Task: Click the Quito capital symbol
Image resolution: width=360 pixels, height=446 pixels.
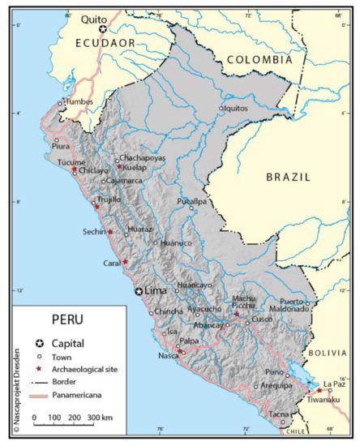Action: coord(103,29)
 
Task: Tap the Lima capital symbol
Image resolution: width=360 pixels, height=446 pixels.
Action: coord(139,292)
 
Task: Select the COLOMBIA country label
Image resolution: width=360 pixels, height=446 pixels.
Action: coord(259,60)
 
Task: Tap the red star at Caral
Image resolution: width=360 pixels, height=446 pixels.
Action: coord(126,262)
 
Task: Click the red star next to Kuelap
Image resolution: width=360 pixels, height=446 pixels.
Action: coord(119,166)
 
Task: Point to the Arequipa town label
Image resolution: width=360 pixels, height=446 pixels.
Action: coord(276,386)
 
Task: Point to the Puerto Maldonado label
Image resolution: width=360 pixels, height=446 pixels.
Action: coord(304,303)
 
